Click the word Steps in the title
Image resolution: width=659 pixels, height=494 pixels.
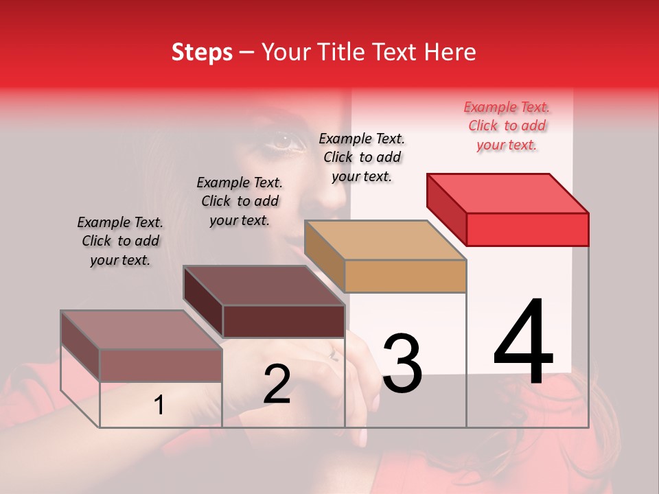point(202,52)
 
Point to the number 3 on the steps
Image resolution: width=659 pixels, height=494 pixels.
point(402,363)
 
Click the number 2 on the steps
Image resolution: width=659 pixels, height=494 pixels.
point(277,384)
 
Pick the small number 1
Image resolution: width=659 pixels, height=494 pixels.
point(159,405)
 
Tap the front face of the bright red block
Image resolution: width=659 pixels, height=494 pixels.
point(527,229)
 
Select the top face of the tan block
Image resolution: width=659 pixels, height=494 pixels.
point(384,240)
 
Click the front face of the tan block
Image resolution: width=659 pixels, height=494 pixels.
point(405,277)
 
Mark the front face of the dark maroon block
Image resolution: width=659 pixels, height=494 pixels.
point(284,321)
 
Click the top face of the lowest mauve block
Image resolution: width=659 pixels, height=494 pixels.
point(141,330)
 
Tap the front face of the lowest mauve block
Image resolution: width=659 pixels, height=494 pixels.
point(161,365)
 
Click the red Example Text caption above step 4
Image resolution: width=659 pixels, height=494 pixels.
point(507,126)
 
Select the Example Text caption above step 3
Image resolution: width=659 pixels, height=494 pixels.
point(362,157)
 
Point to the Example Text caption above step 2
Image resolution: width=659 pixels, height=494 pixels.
point(240,201)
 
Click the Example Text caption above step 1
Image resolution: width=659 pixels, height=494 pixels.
point(120,241)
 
